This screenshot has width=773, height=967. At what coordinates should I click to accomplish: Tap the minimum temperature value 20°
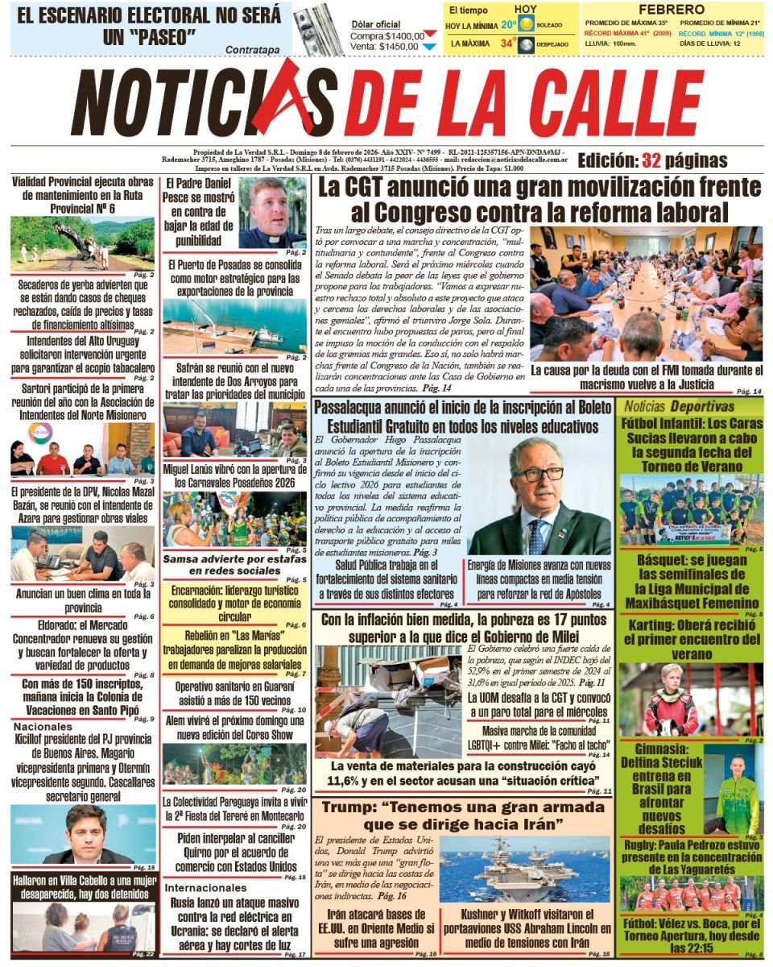508,25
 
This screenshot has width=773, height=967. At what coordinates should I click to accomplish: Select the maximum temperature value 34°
508,44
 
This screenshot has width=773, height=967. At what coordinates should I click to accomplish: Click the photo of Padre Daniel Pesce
274,213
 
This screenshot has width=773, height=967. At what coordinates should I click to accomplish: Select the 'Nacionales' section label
43,726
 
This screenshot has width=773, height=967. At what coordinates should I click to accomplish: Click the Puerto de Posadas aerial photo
234,326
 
